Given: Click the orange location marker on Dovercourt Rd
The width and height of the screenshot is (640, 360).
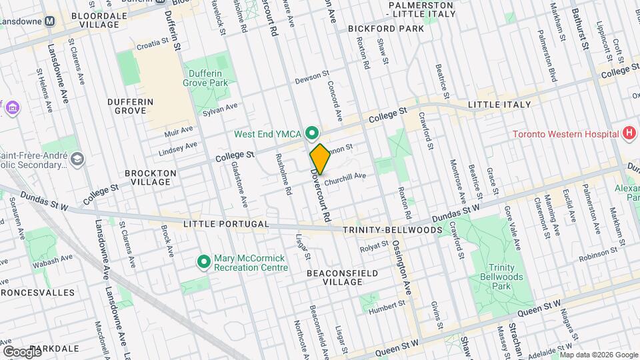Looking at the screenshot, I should pyautogui.click(x=320, y=159).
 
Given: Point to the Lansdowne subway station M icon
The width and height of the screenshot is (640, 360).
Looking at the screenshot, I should pyautogui.click(x=49, y=21).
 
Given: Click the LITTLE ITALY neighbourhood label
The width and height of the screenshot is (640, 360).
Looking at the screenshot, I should pyautogui.click(x=499, y=105).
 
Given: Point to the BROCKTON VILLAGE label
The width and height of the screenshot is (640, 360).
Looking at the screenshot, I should pyautogui.click(x=151, y=177).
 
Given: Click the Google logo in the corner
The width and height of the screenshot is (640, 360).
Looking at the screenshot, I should pyautogui.click(x=22, y=351).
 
